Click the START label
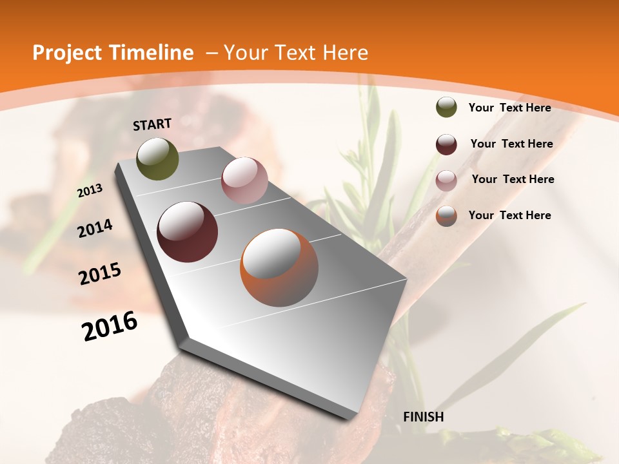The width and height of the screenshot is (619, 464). [152, 124]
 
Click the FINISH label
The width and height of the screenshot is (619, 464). [423, 417]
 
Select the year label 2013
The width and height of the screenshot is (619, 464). [90, 191]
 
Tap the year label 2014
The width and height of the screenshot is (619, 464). [95, 229]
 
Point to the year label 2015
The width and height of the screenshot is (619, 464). [100, 274]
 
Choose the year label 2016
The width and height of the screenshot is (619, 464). [110, 326]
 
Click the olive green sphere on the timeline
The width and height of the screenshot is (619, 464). [158, 159]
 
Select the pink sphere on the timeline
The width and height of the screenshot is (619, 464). [244, 180]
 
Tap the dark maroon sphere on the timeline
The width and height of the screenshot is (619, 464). [188, 232]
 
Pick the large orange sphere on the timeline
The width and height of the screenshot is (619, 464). [279, 267]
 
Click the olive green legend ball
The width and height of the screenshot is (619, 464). [446, 108]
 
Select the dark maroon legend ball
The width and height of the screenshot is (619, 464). [446, 144]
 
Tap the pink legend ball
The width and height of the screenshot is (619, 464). [446, 180]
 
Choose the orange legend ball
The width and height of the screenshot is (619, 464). [446, 217]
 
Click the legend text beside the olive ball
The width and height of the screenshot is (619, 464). [509, 108]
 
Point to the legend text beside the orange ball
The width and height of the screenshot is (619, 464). [509, 215]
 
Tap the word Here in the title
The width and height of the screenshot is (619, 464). [346, 53]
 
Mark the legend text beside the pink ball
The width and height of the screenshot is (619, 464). [513, 179]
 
